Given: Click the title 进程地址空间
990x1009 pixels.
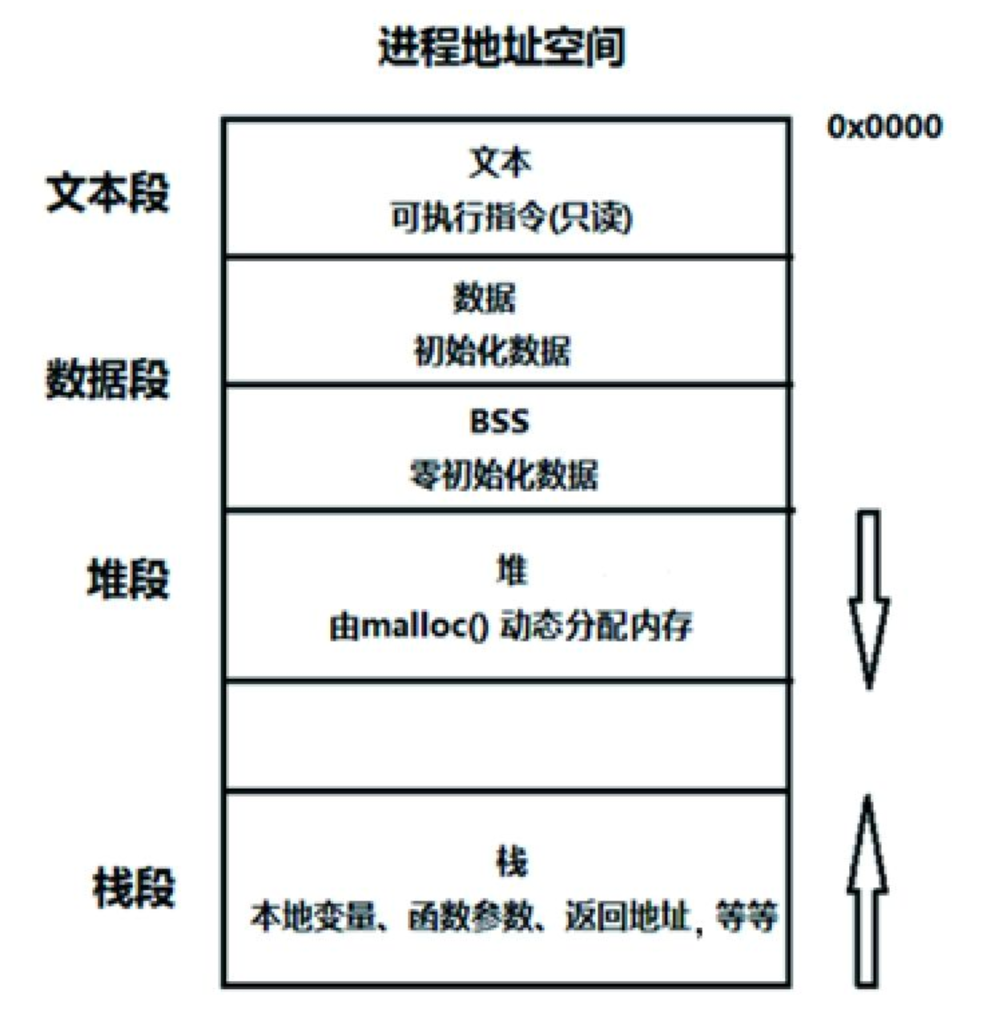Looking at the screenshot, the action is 501,47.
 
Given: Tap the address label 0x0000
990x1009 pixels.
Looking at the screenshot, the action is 885,127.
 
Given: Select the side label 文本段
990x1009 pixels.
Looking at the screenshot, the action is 108,193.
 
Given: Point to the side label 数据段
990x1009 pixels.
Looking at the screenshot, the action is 108,379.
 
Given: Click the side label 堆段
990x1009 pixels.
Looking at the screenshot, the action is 128,579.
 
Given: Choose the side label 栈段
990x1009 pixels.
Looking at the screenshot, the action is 133,887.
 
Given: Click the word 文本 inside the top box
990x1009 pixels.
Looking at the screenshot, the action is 501,163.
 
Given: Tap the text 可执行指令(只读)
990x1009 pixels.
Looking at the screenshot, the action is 512,218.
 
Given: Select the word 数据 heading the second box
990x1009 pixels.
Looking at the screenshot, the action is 484,298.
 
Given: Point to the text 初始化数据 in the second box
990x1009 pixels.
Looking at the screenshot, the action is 492,351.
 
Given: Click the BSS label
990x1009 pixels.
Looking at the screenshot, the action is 499,422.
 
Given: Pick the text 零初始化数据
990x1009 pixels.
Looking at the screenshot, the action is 503,475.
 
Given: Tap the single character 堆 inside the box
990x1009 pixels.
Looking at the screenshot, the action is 511,569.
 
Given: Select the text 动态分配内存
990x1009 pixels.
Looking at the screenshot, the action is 596,625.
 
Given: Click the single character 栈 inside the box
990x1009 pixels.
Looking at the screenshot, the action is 511,862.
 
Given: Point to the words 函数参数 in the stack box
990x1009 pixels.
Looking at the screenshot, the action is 470,917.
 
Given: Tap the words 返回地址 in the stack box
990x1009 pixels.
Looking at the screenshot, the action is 627,917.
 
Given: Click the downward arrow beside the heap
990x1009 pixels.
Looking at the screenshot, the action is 869,600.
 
